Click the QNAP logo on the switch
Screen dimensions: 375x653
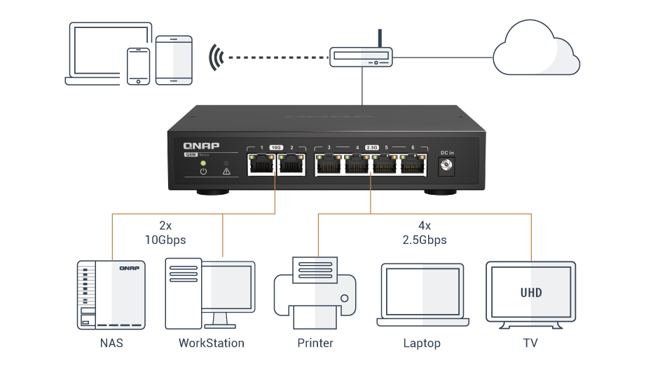(x=201, y=145)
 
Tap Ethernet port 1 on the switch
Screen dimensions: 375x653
(x=261, y=165)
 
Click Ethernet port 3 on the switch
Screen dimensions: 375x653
(x=329, y=165)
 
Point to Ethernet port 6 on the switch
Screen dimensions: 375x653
(x=411, y=165)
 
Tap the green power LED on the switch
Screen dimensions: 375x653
(x=203, y=162)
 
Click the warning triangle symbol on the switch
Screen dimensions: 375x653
(x=226, y=171)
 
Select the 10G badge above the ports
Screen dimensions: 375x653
(x=276, y=148)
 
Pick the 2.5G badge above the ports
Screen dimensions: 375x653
(x=371, y=148)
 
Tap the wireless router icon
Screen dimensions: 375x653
(x=360, y=55)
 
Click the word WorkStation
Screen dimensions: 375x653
(x=211, y=343)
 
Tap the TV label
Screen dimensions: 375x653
(x=530, y=343)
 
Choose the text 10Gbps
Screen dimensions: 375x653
(x=166, y=240)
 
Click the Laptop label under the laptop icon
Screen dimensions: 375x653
(x=422, y=343)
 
